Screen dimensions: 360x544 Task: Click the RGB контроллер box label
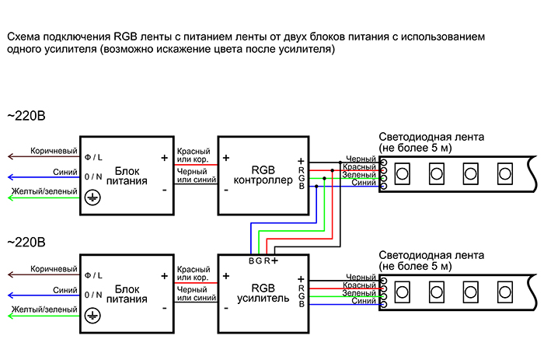(x=262, y=175)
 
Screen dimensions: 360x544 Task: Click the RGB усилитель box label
(x=262, y=292)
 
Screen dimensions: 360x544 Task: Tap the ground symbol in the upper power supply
(x=92, y=197)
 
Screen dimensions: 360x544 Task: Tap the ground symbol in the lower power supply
(x=92, y=315)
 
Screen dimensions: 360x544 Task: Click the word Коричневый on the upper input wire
(x=54, y=150)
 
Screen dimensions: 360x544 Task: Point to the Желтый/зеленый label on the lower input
(x=44, y=309)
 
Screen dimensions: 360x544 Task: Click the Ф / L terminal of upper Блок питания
(x=93, y=157)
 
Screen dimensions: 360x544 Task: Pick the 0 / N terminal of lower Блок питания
(x=93, y=295)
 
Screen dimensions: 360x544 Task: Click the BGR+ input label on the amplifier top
(x=263, y=260)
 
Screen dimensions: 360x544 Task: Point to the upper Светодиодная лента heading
(x=431, y=137)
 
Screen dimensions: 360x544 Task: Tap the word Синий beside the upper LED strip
(x=364, y=183)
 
